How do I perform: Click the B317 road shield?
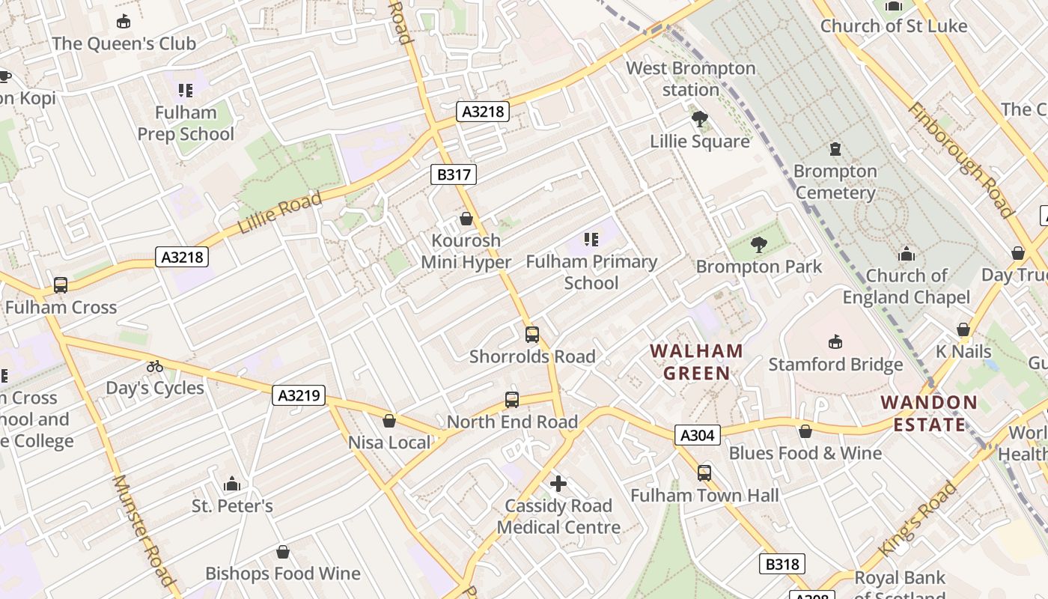pyautogui.click(x=454, y=175)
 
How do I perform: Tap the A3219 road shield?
pyautogui.click(x=299, y=395)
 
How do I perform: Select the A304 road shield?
pyautogui.click(x=698, y=435)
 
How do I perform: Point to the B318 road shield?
pyautogui.click(x=782, y=564)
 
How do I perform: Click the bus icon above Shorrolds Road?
pyautogui.click(x=532, y=335)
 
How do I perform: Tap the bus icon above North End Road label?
pyautogui.click(x=512, y=400)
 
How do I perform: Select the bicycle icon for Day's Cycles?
pyautogui.click(x=155, y=366)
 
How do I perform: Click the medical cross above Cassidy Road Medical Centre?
pyautogui.click(x=558, y=484)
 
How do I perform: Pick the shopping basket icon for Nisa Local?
pyautogui.click(x=389, y=421)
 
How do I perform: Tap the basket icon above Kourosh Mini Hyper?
pyautogui.click(x=466, y=219)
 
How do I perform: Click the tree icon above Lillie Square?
pyautogui.click(x=700, y=119)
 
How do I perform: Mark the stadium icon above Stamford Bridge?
pyautogui.click(x=835, y=342)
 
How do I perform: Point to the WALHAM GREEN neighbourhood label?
pyautogui.click(x=697, y=362)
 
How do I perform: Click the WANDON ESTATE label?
pyautogui.click(x=929, y=413)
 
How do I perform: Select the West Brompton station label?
pyautogui.click(x=691, y=79)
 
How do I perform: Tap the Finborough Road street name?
pyautogui.click(x=960, y=160)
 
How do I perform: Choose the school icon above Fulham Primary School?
pyautogui.click(x=591, y=240)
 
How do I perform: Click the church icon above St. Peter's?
pyautogui.click(x=232, y=484)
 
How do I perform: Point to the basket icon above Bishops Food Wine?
pyautogui.click(x=283, y=552)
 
